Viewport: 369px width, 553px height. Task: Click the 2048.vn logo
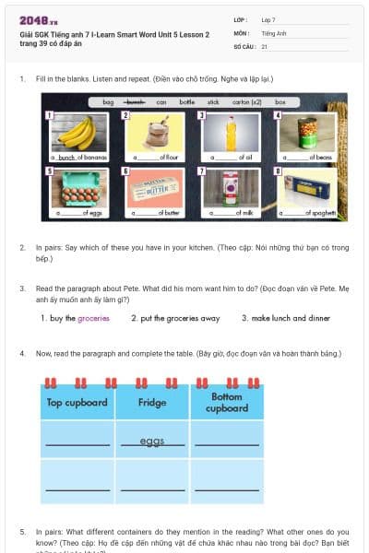pos(38,20)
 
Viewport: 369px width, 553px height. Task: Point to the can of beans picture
pos(309,132)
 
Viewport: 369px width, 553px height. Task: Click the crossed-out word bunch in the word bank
pos(137,101)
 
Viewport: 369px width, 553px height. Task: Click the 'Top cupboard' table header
pos(77,402)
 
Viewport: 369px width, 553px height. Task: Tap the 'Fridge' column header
pos(152,402)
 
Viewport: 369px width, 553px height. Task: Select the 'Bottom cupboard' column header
pos(227,402)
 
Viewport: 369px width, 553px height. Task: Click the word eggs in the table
pos(152,441)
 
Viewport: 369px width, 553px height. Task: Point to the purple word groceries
pos(93,318)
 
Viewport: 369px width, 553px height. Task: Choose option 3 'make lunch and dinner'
pos(286,318)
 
